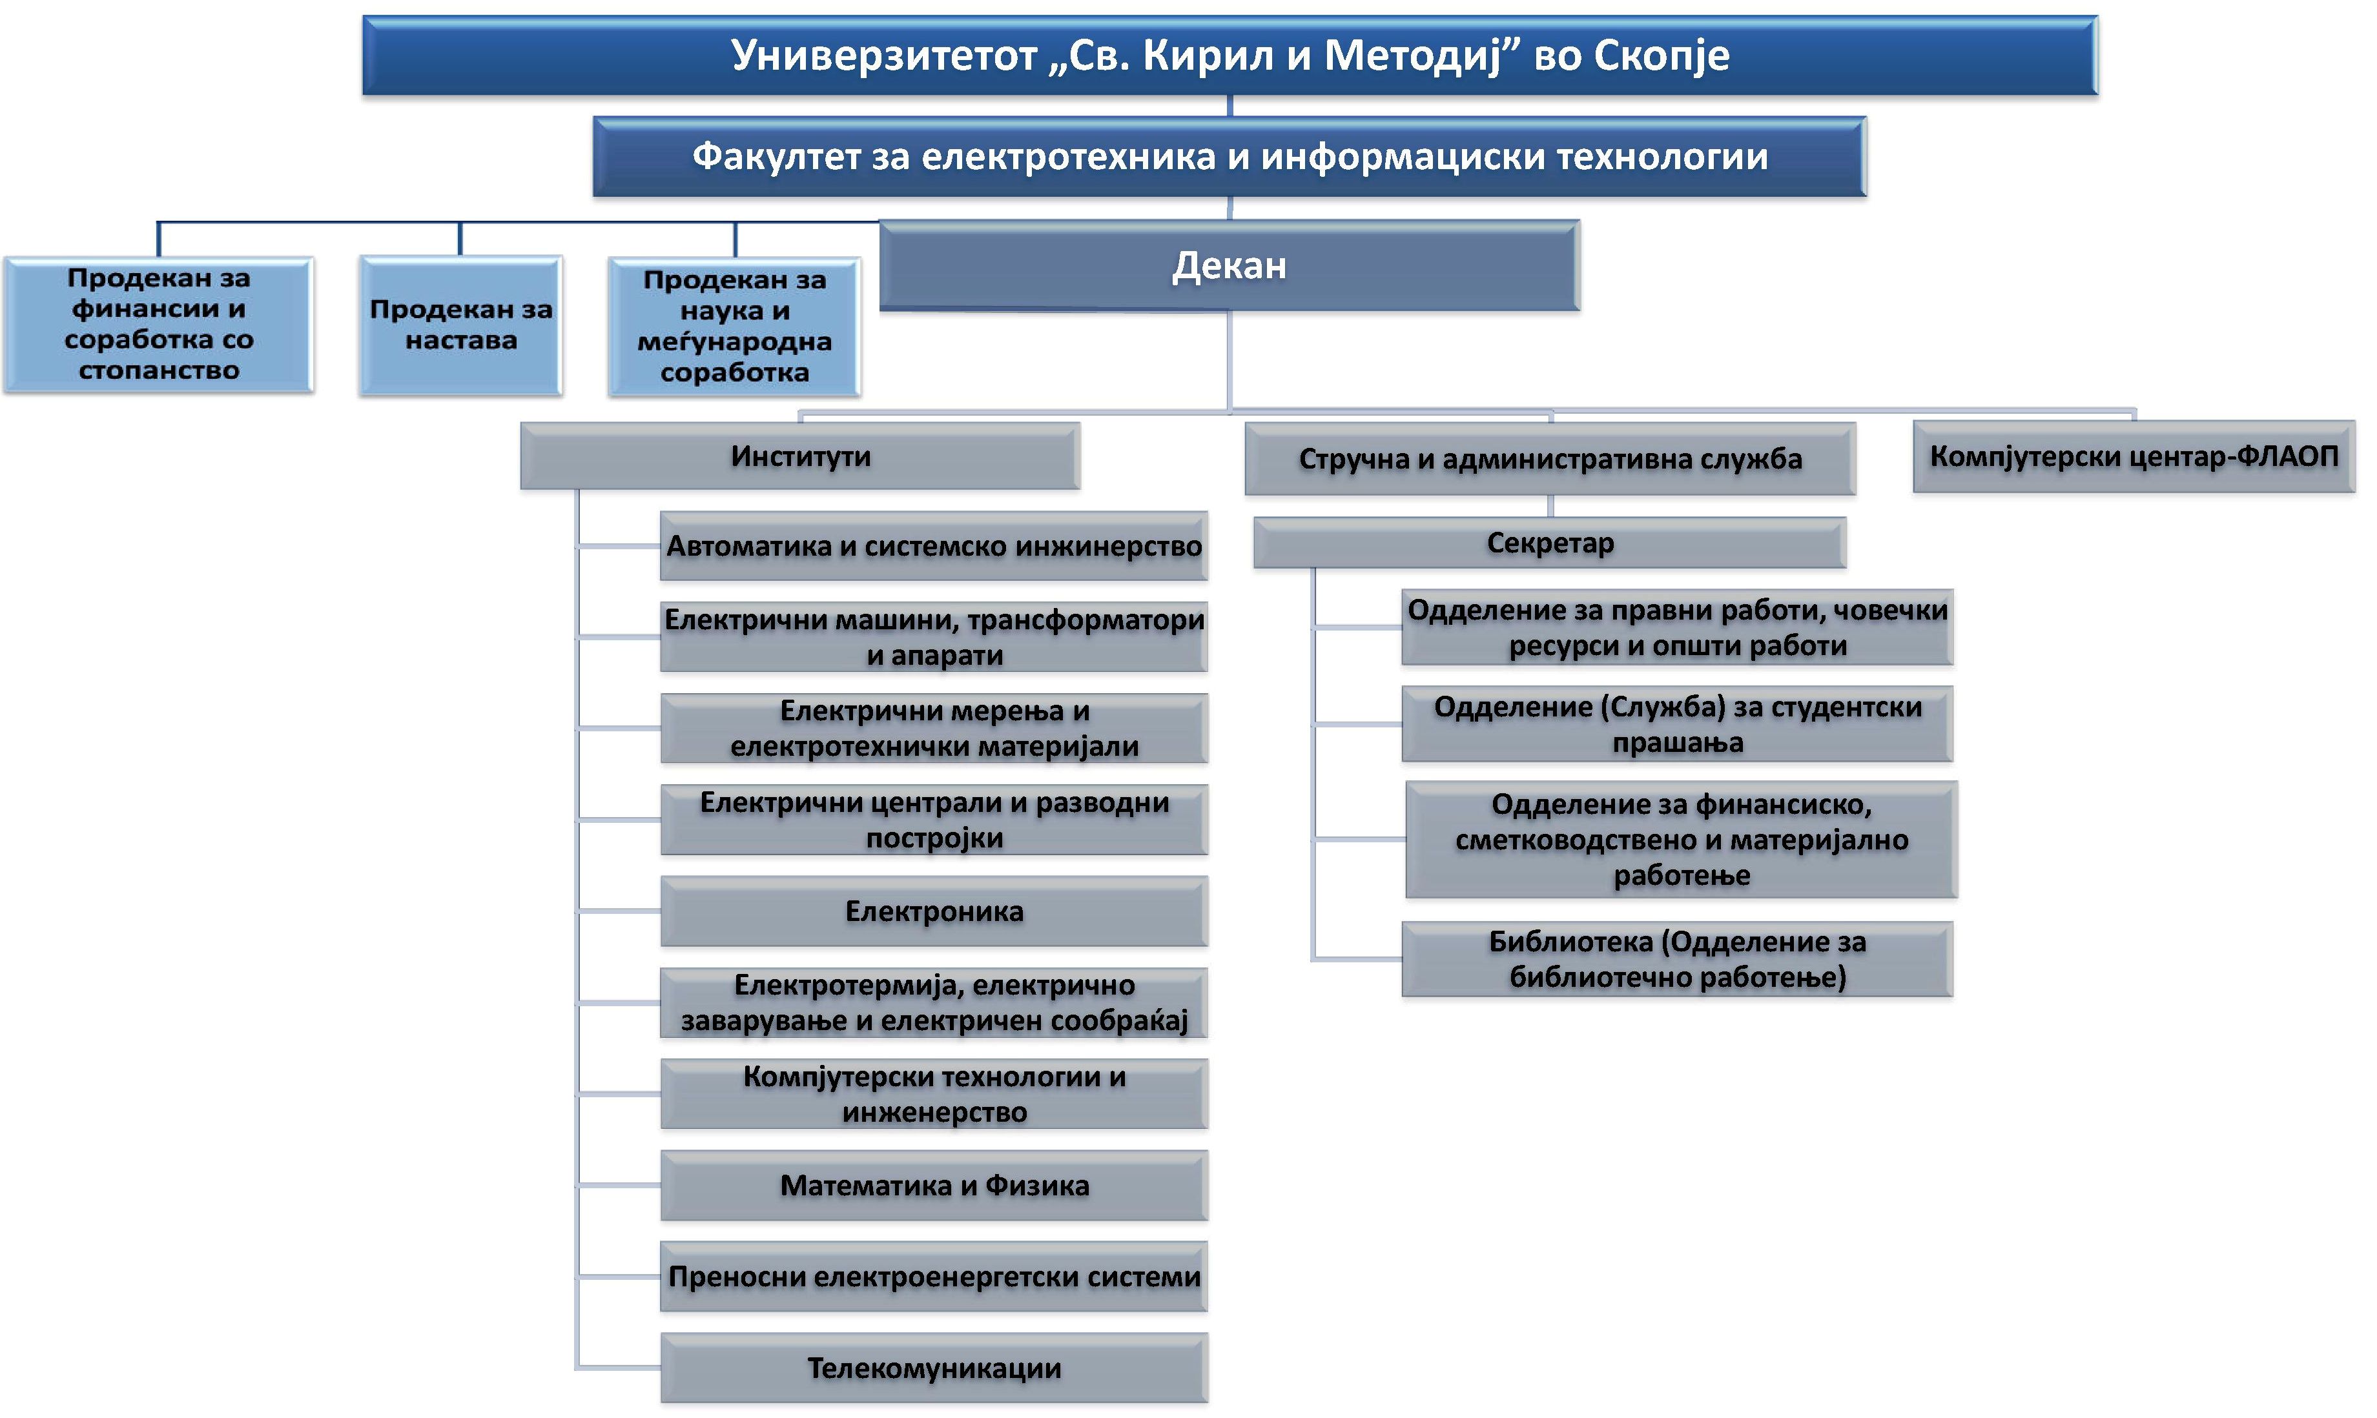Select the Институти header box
coord(801,456)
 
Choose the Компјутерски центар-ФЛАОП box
coord(2134,457)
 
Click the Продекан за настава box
coord(460,325)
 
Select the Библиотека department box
coord(1678,959)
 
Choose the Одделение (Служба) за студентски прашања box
coord(1678,724)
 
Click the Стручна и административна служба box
coord(1550,459)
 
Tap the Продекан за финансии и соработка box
coord(159,325)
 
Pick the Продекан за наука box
coord(735,327)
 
